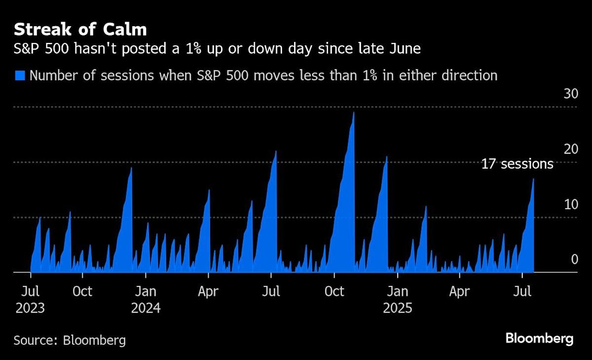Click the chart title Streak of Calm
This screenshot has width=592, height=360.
click(80, 29)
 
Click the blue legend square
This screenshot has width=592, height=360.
click(20, 75)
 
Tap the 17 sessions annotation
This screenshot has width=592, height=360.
click(517, 164)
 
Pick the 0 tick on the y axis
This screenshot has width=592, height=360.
click(574, 259)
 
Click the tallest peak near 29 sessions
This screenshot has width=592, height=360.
click(354, 113)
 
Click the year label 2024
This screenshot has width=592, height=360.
click(146, 308)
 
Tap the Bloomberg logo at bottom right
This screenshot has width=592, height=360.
click(539, 339)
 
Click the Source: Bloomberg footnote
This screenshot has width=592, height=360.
click(70, 340)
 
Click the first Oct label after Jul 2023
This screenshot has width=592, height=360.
click(82, 291)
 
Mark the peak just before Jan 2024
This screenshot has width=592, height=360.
click(131, 168)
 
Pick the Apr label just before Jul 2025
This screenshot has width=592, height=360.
click(459, 291)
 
